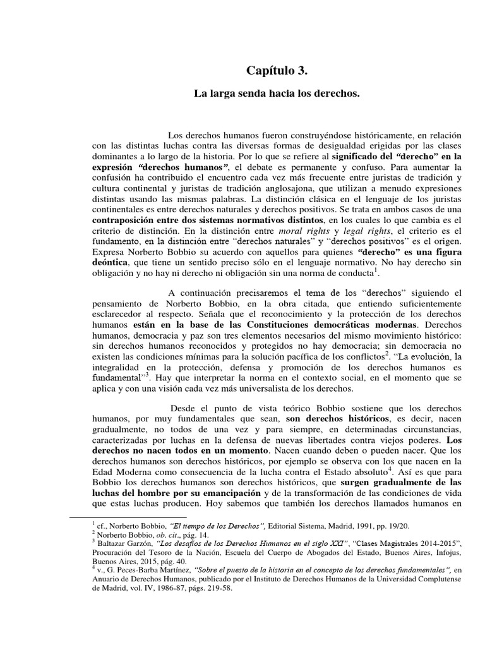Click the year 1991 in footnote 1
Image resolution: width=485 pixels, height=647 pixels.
[374, 525]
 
